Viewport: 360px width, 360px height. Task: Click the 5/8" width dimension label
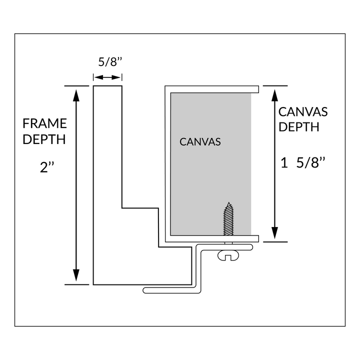tap(108, 63)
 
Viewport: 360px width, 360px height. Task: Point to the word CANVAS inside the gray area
tap(200, 142)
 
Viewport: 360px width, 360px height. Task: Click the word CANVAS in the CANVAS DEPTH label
tap(303, 111)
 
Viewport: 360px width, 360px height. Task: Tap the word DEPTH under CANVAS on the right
tap(299, 126)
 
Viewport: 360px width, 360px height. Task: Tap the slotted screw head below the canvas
tap(229, 256)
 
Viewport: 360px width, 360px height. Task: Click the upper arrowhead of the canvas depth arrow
tap(274, 93)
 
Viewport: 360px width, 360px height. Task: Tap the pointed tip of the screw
tap(229, 204)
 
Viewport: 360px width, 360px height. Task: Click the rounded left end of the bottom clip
tap(145, 289)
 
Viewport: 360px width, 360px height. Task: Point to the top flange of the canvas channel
tap(212, 89)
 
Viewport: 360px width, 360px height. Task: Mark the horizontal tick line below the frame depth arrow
tap(76, 284)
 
